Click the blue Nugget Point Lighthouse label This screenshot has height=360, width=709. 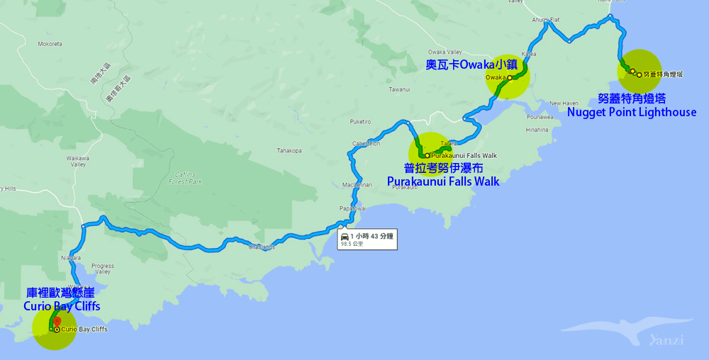tap(632, 112)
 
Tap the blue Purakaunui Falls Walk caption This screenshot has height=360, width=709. tap(443, 181)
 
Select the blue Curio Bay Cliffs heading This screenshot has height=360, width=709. tap(62, 306)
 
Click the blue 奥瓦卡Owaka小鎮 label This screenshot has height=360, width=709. tap(472, 64)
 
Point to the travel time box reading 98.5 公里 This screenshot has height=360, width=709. tap(367, 239)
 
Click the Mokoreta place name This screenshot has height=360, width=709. tap(50, 44)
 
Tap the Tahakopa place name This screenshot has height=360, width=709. tap(289, 150)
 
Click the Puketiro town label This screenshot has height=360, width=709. tap(360, 121)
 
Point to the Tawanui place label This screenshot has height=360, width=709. tap(399, 89)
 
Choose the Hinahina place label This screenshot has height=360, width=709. tap(537, 130)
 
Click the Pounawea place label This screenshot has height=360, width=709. tap(540, 116)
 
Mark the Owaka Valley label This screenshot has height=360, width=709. tap(445, 52)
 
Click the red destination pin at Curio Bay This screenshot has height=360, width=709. tap(56, 322)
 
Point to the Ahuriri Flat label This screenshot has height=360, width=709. tap(546, 20)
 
